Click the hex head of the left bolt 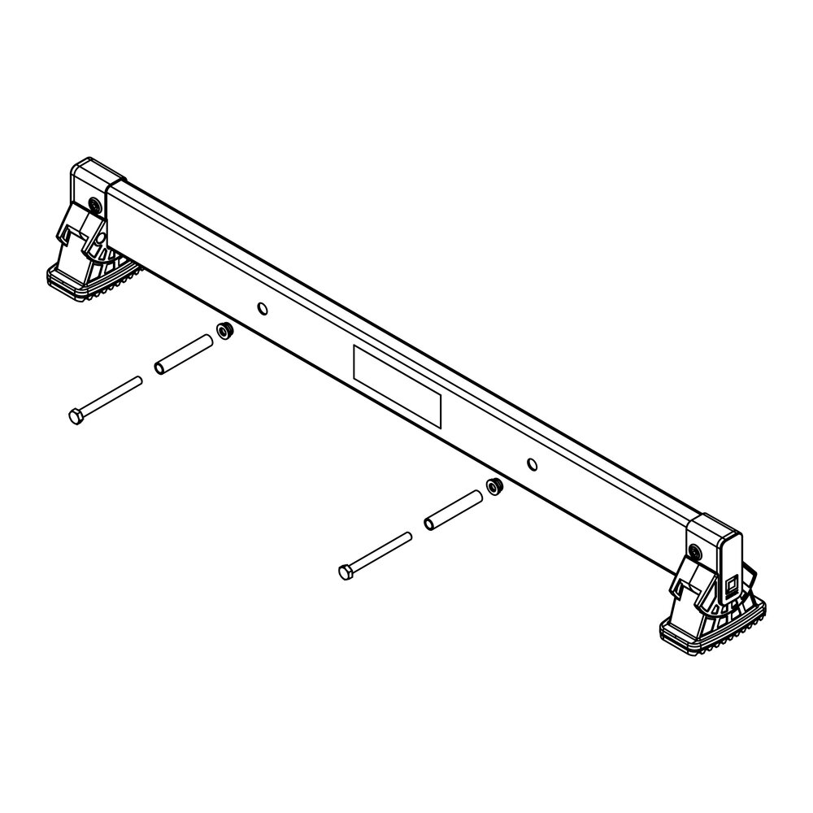76,417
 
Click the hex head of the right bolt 346,572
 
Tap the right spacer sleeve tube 454,508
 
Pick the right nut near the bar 493,486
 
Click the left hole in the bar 261,308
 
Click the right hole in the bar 532,464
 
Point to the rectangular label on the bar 397,386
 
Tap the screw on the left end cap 95,203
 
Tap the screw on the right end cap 693,552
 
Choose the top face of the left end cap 97,172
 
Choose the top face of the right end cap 714,528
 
